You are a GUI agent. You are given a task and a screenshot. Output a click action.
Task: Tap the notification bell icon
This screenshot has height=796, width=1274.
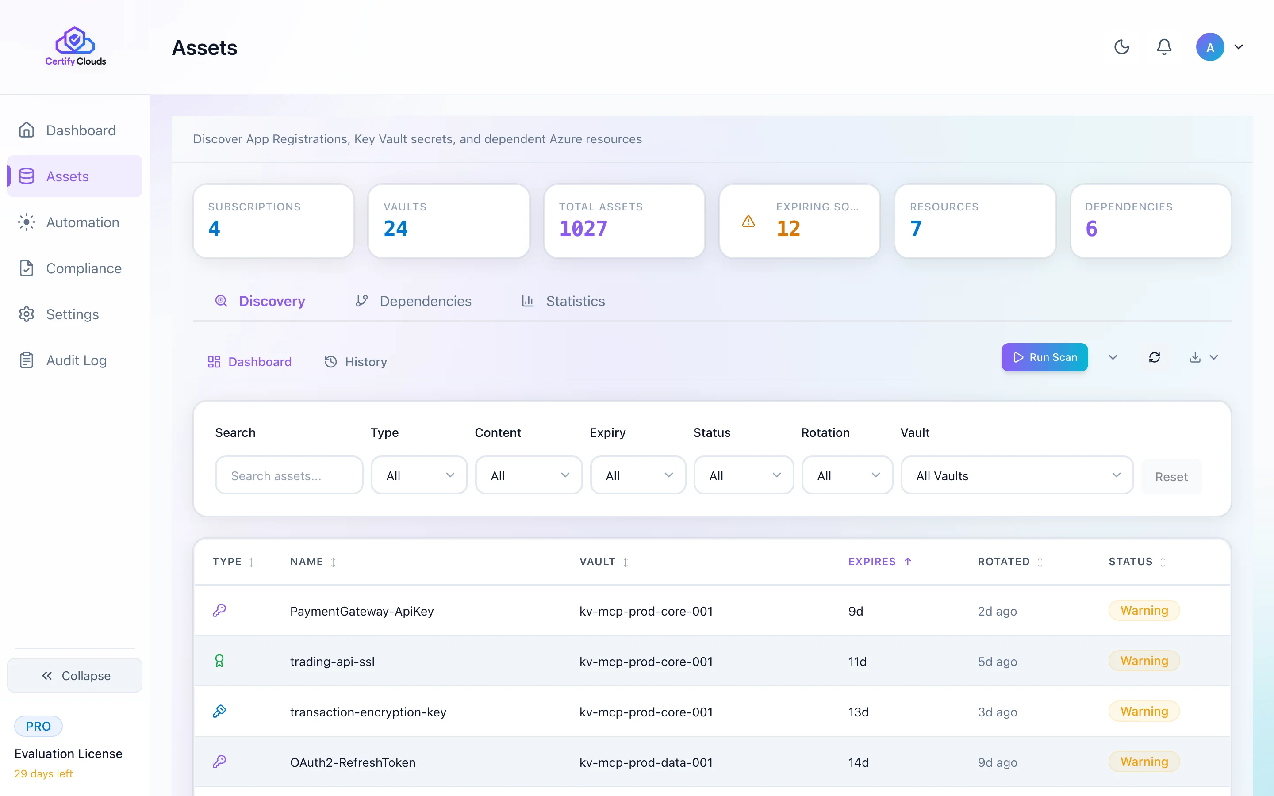pos(1164,47)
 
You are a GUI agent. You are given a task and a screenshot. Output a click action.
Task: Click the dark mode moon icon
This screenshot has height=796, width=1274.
pos(1122,47)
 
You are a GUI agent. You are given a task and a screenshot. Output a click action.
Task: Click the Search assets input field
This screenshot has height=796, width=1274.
pos(289,475)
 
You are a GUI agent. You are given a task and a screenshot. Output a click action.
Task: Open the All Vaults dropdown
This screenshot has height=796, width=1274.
pos(1017,475)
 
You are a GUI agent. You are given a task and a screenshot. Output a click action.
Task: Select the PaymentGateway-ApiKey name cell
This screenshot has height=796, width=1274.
pos(362,611)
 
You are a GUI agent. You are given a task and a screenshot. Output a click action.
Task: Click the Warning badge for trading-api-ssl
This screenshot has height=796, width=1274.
pos(1144,661)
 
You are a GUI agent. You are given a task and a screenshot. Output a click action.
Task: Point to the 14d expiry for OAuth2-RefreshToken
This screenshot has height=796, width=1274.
pos(858,762)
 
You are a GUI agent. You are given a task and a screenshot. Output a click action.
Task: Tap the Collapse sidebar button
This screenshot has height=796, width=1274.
pos(75,675)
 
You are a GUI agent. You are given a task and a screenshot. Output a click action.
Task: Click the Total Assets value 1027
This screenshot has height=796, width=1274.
pos(583,229)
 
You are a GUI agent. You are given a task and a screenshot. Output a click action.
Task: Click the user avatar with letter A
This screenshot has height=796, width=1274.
pos(1210,47)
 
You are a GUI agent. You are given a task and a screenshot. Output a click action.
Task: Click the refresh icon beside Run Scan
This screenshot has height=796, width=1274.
pos(1155,357)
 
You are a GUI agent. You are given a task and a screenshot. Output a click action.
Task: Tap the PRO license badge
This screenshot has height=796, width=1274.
pos(38,726)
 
